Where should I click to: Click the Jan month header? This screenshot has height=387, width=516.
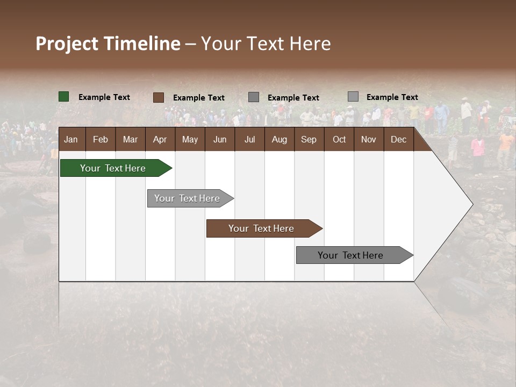(x=71, y=140)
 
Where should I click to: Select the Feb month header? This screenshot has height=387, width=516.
(x=101, y=140)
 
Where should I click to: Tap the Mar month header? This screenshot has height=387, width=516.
(x=130, y=140)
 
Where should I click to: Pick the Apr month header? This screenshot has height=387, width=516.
(x=160, y=140)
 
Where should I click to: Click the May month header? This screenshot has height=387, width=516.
(x=190, y=140)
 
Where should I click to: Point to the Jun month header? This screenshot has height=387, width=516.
(x=220, y=140)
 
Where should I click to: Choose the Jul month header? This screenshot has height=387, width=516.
(x=249, y=140)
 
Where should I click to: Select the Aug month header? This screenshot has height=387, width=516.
(x=279, y=140)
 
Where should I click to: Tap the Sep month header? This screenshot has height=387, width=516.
(x=309, y=140)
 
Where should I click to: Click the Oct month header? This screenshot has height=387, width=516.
(x=339, y=140)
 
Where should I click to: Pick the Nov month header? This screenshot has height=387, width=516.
(x=369, y=140)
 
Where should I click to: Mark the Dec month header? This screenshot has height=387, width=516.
(x=398, y=140)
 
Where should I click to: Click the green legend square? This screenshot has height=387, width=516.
(x=64, y=97)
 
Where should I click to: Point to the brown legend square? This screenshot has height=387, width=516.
(x=159, y=97)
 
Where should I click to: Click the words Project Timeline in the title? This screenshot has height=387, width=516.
(x=108, y=44)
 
